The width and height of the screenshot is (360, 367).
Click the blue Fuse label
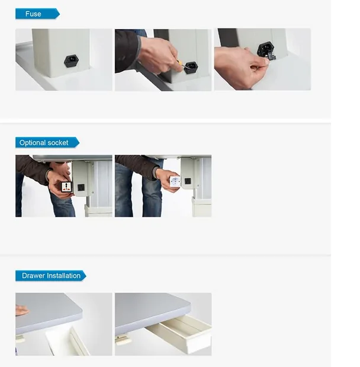(34, 14)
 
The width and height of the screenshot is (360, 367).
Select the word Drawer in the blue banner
(33, 276)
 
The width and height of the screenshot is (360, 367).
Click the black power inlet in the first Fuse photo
(71, 61)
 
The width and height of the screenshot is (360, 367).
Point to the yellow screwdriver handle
(177, 63)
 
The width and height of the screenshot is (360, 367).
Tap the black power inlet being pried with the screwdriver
(191, 66)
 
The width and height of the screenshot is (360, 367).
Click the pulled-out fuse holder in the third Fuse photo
(270, 55)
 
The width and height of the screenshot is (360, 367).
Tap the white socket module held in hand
(175, 181)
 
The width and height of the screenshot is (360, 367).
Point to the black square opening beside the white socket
(188, 181)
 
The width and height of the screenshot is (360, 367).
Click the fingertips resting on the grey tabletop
(21, 310)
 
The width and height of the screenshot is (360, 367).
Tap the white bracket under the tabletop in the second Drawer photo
(123, 340)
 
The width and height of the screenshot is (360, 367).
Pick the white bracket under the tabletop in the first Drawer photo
(21, 339)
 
